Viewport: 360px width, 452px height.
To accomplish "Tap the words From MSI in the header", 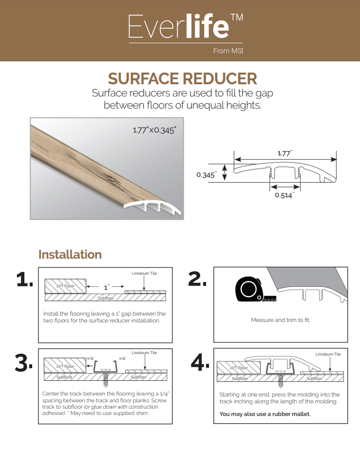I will (227, 51).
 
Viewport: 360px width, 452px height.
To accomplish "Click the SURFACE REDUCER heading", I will (182, 78).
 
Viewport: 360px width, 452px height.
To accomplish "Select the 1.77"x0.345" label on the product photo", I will (154, 130).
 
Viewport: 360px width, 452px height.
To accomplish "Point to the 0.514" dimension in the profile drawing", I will (284, 195).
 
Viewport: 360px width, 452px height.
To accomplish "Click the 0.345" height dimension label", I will (206, 174).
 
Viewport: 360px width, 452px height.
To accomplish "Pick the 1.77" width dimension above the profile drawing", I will (284, 153).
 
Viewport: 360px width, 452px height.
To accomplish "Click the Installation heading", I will (70, 255).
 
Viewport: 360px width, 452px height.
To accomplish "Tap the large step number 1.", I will (24, 280).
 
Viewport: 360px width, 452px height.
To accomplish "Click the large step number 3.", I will (24, 363).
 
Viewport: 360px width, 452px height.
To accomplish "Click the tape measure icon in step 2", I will (249, 291).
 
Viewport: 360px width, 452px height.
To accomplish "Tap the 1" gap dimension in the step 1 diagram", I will (106, 287).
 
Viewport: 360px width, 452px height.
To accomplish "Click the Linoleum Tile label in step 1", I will (144, 273).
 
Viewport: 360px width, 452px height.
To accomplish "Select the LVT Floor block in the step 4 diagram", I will (239, 368).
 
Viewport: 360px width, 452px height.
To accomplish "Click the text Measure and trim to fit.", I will (280, 320).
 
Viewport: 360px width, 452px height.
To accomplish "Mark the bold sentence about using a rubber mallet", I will (265, 414).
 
